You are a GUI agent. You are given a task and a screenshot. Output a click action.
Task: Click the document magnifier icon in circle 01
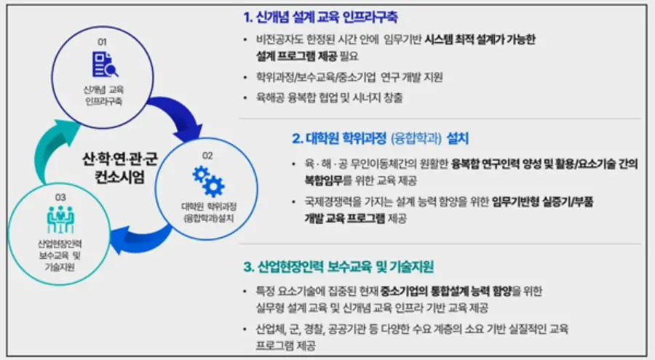(106, 65)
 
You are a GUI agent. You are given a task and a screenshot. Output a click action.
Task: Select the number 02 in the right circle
(207, 155)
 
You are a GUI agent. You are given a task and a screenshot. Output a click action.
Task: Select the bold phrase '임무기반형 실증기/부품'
(543, 202)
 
